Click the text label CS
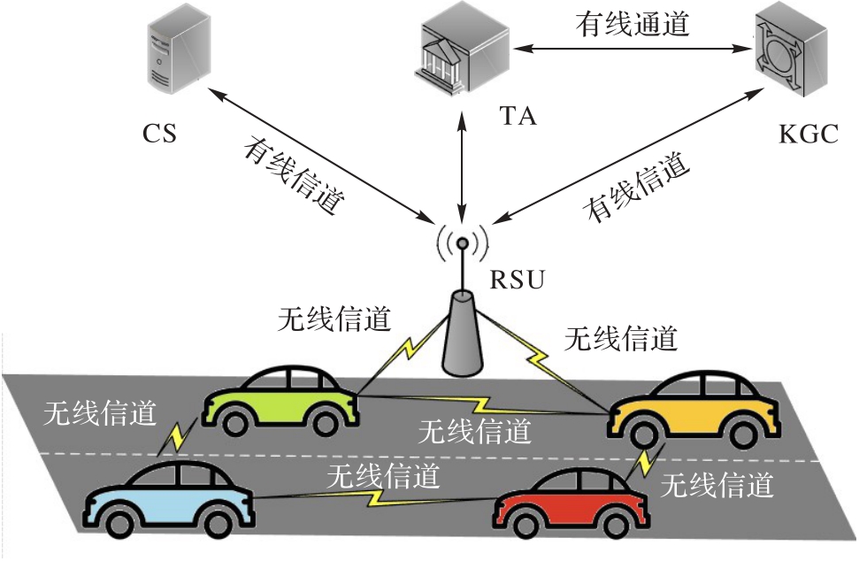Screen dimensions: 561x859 [x=159, y=135]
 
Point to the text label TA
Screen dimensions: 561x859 [x=518, y=116]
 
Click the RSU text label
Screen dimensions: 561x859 [x=518, y=282]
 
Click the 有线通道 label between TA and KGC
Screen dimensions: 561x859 [x=632, y=24]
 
